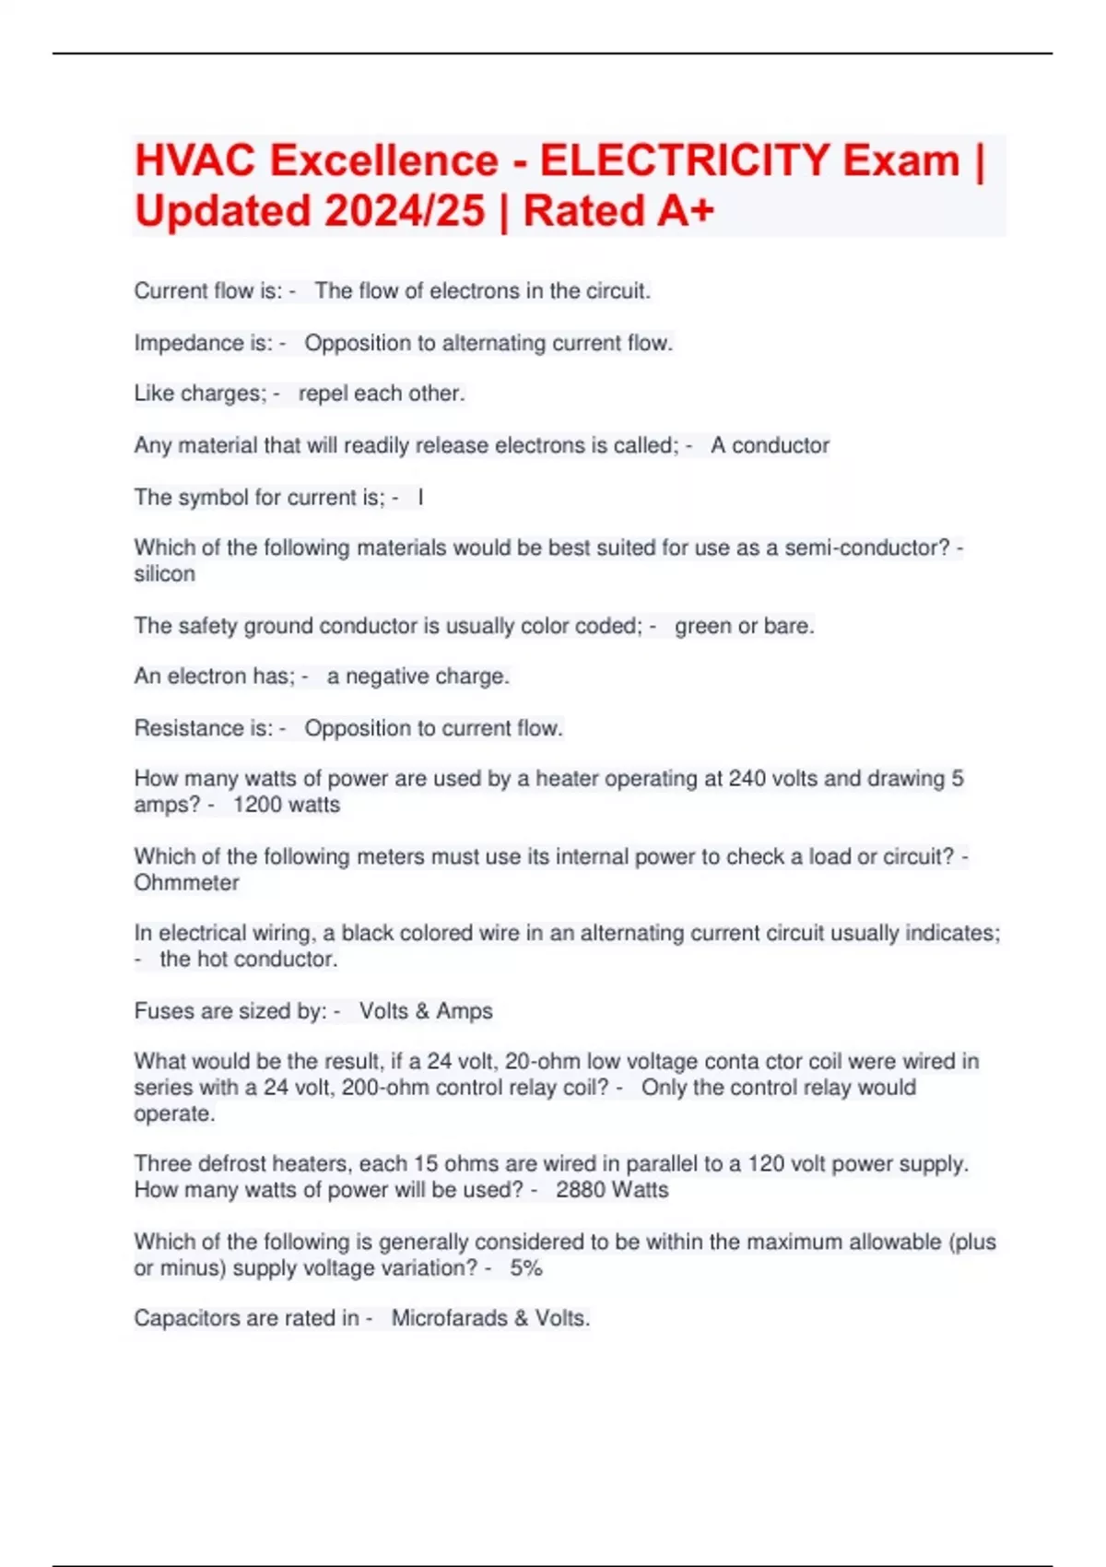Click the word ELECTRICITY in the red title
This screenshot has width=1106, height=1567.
click(x=684, y=160)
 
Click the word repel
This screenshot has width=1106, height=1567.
click(x=324, y=394)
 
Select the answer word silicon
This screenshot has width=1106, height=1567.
click(x=164, y=573)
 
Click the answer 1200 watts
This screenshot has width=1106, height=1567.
click(x=286, y=805)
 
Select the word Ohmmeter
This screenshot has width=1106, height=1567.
click(x=186, y=882)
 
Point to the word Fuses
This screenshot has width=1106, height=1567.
click(x=163, y=1011)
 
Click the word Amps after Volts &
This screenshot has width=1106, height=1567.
click(x=465, y=1011)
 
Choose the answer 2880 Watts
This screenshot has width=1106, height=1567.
click(x=612, y=1190)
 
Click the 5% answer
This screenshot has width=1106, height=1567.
click(x=526, y=1268)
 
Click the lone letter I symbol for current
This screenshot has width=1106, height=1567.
click(x=421, y=498)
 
